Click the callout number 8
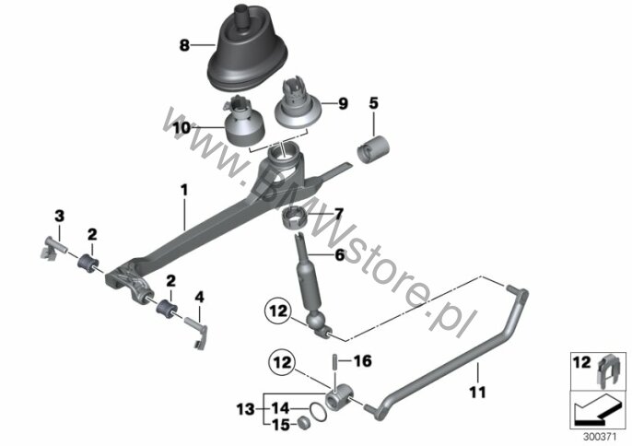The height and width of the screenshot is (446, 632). click(184, 43)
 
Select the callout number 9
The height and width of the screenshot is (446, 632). click(343, 105)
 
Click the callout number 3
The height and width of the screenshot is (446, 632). click(59, 216)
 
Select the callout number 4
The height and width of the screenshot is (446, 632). click(197, 297)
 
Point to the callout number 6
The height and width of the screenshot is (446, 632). click(339, 255)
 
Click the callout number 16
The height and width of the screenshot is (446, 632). click(361, 361)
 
